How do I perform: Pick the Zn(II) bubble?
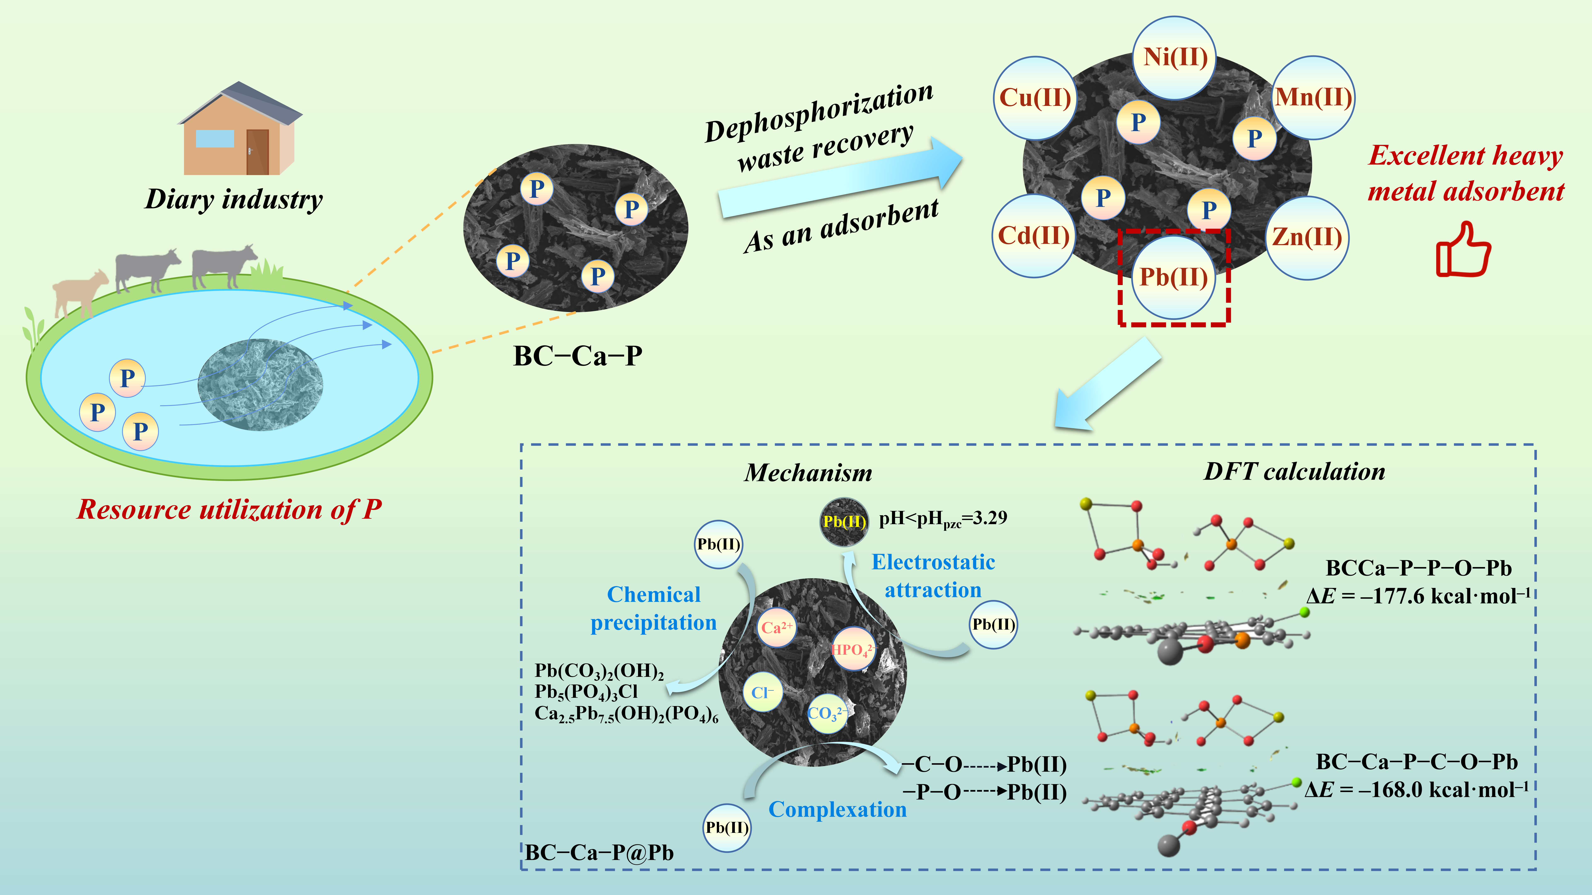tap(1307, 238)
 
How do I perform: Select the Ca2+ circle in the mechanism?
tap(776, 628)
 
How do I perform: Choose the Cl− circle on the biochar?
tap(763, 692)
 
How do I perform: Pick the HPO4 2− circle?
tap(853, 649)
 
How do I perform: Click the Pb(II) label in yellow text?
tap(844, 522)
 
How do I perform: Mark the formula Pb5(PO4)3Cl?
tap(586, 692)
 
